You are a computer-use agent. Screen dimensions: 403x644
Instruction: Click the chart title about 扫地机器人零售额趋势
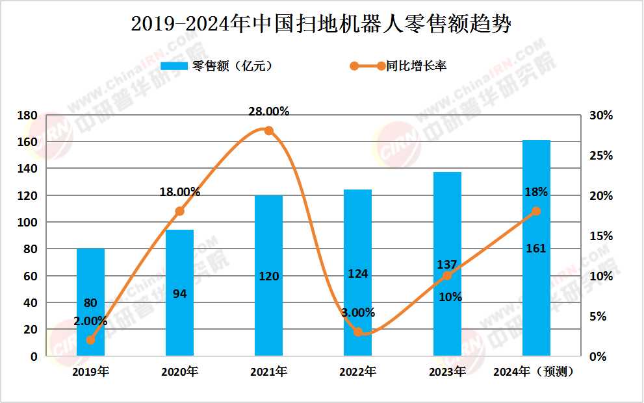(321, 24)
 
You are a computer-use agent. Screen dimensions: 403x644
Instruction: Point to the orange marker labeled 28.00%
(268, 130)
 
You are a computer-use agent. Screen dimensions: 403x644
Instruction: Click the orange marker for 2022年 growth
(358, 332)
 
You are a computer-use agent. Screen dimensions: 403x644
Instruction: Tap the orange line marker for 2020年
(180, 211)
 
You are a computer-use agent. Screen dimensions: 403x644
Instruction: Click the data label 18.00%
(180, 191)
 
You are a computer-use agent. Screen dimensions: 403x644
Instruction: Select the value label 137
(446, 265)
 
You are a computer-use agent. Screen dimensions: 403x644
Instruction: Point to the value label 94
(180, 294)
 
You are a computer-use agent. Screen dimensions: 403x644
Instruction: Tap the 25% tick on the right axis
(601, 156)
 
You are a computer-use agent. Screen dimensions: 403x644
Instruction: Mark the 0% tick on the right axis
(604, 356)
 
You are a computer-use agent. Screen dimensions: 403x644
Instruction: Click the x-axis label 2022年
(357, 372)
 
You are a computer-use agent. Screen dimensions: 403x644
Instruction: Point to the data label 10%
(450, 297)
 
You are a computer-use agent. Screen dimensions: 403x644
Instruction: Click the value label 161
(536, 249)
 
